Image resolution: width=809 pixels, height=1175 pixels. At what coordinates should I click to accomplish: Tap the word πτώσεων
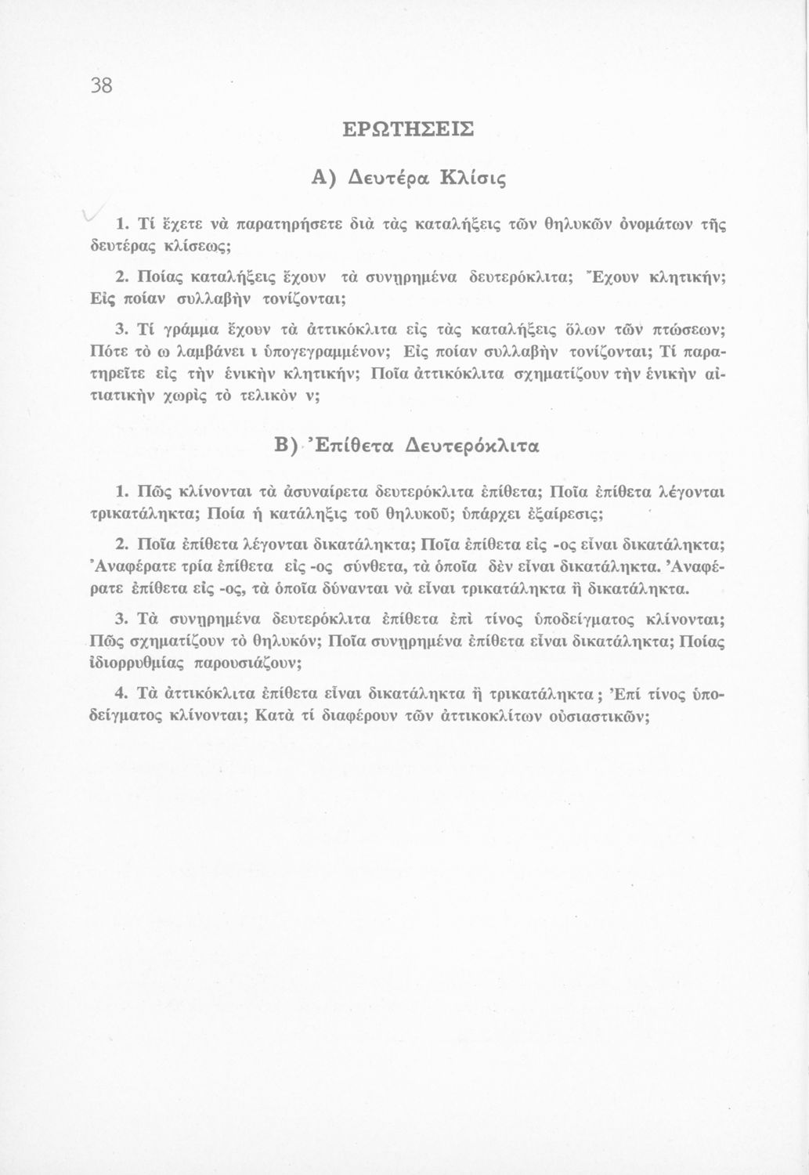(684, 326)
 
